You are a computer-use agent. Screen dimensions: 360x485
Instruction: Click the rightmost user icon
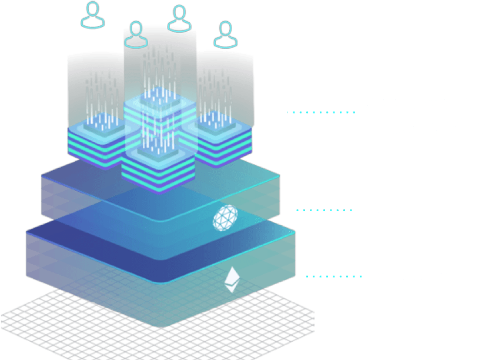coord(223,35)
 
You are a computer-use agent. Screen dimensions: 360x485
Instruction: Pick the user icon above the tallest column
coord(178,18)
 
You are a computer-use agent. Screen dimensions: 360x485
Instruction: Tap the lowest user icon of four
coord(136,35)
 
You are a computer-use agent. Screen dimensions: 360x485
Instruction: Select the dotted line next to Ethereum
coord(334,275)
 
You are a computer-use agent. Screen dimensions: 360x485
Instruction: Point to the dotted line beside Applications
coord(322,112)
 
